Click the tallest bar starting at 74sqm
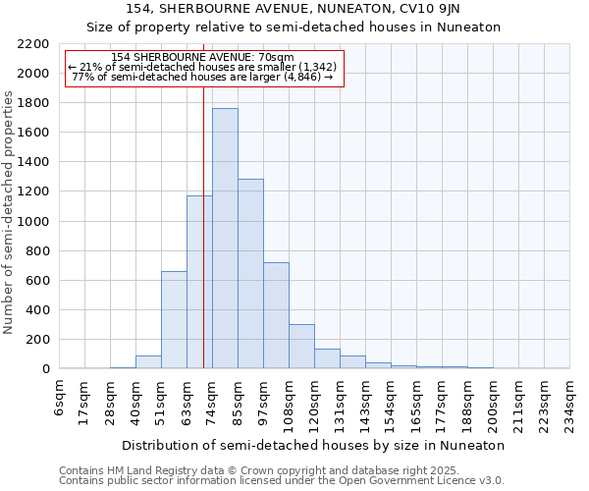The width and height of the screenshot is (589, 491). coord(225,239)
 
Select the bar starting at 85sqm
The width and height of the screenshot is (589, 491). coord(250,274)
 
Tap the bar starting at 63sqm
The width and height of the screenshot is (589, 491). coord(199,282)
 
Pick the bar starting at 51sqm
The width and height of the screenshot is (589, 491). coord(174,320)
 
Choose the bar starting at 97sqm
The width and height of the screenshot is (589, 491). coord(276,315)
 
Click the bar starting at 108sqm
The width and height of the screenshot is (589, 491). coord(301,346)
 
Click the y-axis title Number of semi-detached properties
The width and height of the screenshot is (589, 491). coord(10,212)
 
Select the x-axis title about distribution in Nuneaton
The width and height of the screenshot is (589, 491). coord(313,445)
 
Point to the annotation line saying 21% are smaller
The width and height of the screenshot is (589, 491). coord(203,68)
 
